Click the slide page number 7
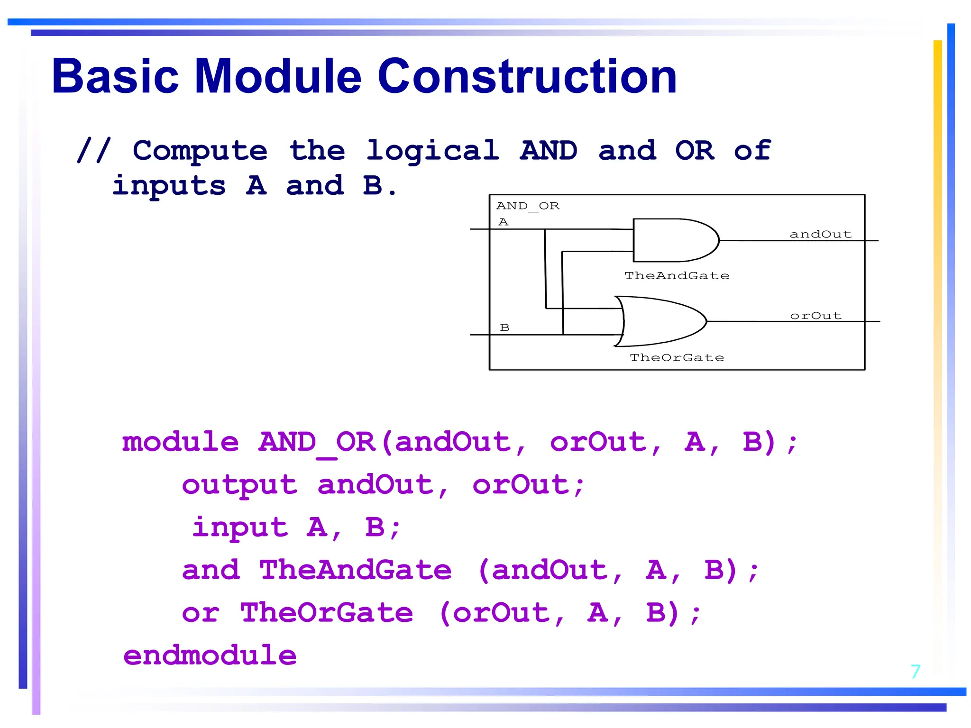point(915,672)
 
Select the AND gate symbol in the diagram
point(673,240)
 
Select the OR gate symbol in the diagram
point(661,321)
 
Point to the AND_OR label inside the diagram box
point(528,206)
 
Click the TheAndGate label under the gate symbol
point(677,276)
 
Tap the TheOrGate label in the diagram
point(677,358)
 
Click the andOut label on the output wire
point(820,234)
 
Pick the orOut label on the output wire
point(815,316)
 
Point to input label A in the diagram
point(503,222)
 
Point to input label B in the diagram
point(504,328)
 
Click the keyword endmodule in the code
point(210,655)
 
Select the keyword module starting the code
point(180,442)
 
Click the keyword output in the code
point(239,485)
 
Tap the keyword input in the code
point(240,528)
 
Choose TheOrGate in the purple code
point(326,613)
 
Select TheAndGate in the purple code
point(355,570)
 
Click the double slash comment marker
point(94,151)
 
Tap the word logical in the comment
point(432,151)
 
